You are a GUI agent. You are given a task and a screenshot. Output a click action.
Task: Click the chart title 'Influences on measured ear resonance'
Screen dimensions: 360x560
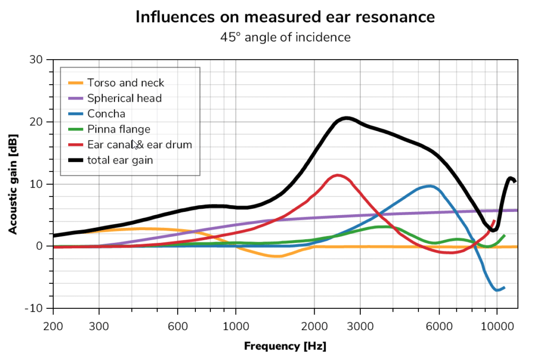pos(285,17)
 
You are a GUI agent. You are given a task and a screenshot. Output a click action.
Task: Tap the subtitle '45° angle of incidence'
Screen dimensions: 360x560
pos(285,37)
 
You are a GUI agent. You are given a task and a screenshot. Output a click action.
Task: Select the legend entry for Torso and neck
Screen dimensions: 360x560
pos(126,83)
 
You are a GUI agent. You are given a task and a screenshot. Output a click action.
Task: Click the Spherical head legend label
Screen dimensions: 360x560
pos(124,98)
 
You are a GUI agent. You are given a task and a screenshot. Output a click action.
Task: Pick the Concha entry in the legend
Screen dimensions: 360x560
pos(106,113)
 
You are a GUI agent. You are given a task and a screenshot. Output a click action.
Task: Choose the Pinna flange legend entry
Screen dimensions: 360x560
pos(119,129)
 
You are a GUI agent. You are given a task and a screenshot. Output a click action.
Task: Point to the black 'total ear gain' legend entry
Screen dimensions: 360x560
pos(120,160)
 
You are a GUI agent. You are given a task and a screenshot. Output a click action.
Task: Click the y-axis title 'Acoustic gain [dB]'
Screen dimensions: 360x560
pos(12,184)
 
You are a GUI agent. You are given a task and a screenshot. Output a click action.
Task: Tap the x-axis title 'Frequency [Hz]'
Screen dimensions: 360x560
pos(285,346)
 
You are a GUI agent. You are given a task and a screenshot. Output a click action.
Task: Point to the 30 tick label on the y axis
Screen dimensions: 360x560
pos(36,60)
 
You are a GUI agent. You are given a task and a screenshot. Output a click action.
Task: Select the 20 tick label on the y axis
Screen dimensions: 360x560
pos(36,122)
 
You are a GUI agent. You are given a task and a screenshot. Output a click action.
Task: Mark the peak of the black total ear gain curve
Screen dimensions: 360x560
pos(347,118)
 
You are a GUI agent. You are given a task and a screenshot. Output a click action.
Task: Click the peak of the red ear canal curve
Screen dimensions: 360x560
pos(337,175)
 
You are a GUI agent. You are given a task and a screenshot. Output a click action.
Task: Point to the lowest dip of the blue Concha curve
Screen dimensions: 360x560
pos(498,290)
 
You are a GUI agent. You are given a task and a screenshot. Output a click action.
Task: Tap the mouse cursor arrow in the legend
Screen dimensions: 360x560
pos(135,144)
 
